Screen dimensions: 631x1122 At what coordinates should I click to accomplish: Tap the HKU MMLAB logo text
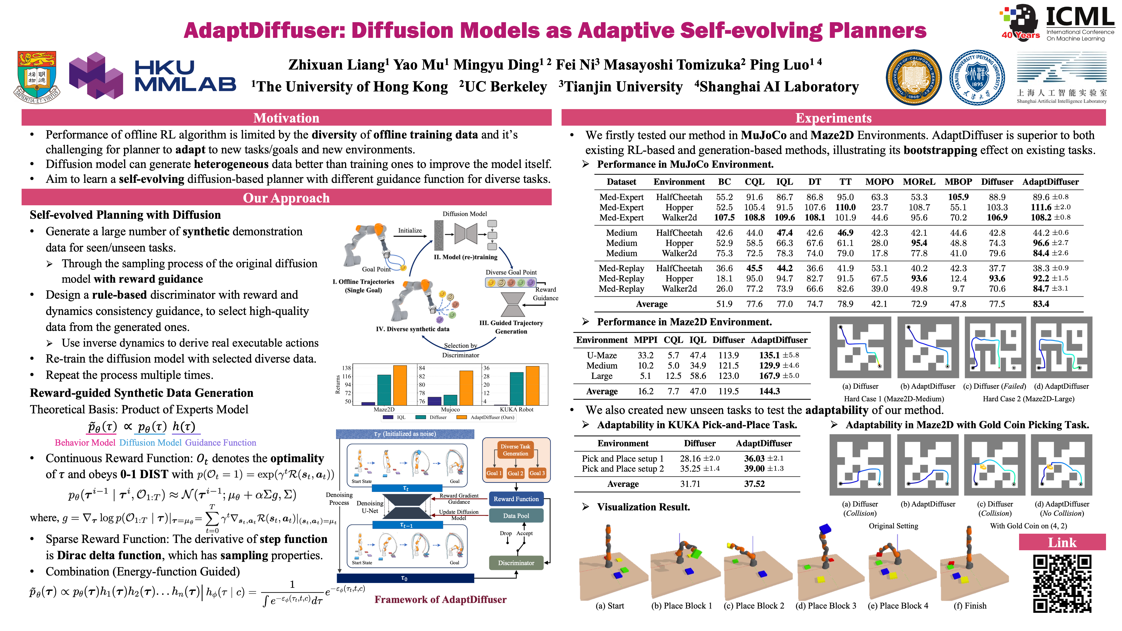pyautogui.click(x=185, y=76)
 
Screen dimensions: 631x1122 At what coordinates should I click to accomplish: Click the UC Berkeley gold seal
pyautogui.click(x=914, y=77)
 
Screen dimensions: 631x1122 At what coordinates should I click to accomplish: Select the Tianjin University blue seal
pyautogui.click(x=977, y=77)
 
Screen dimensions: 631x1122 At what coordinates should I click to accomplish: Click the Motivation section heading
pyautogui.click(x=286, y=118)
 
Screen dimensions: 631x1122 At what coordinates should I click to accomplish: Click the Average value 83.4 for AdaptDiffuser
pyautogui.click(x=1041, y=304)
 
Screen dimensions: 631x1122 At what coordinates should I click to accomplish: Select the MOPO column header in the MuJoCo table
pyautogui.click(x=879, y=182)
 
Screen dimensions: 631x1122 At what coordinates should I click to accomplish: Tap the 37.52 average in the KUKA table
pyautogui.click(x=754, y=484)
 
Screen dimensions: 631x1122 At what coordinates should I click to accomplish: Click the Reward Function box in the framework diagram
pyautogui.click(x=516, y=499)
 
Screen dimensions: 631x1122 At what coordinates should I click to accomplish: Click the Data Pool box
pyautogui.click(x=516, y=516)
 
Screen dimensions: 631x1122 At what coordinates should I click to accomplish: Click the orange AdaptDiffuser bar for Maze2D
pyautogui.click(x=399, y=385)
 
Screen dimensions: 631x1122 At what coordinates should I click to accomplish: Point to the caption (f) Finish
pyautogui.click(x=970, y=606)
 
